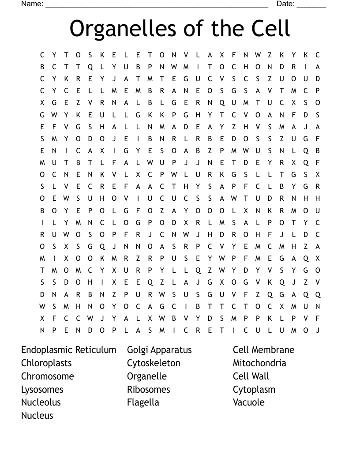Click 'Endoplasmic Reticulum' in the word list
(x=69, y=350)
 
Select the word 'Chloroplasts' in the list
(x=46, y=363)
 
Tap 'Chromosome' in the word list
(x=48, y=376)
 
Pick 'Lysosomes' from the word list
(x=42, y=390)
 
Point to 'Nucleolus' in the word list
(x=41, y=402)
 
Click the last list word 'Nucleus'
(x=37, y=416)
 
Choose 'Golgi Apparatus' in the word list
(x=159, y=350)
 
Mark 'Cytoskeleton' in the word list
(x=154, y=363)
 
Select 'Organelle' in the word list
(x=147, y=376)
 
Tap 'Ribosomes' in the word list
(x=149, y=390)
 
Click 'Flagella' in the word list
(x=143, y=402)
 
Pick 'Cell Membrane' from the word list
(x=263, y=350)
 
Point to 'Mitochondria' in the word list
(x=259, y=363)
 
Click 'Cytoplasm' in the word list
(x=254, y=390)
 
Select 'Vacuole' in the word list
(x=249, y=402)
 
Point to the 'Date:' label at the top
(x=285, y=4)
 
